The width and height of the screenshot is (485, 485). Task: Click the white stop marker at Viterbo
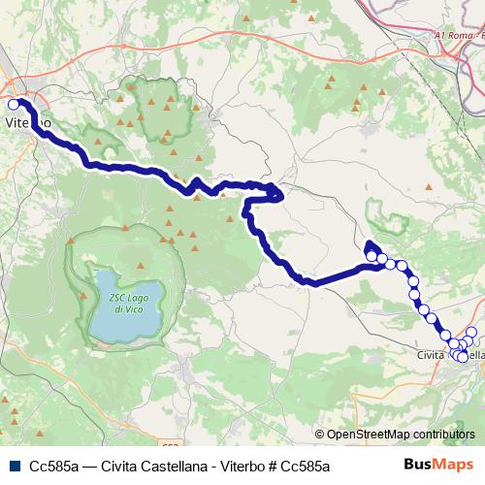tap(14, 104)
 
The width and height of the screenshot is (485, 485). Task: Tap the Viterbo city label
tap(28, 124)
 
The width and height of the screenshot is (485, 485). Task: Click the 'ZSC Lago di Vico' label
tap(122, 302)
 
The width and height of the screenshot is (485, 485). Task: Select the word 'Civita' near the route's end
tap(433, 356)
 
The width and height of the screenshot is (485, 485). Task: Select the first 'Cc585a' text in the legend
tap(55, 467)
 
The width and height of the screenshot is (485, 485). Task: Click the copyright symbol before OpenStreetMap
tap(319, 435)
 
